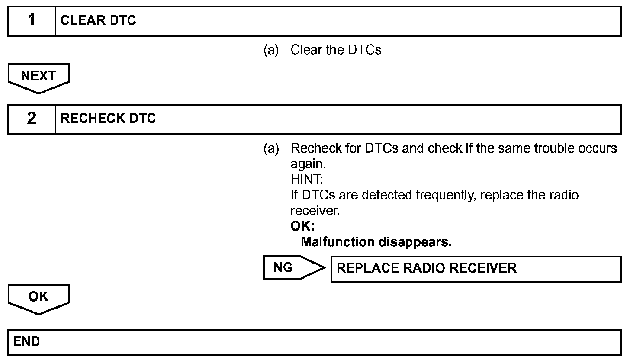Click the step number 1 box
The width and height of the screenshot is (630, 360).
click(x=32, y=20)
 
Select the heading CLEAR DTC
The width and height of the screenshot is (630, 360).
click(x=98, y=20)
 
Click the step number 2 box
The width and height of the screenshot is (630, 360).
click(x=32, y=119)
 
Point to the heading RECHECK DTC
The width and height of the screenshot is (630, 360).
click(x=108, y=119)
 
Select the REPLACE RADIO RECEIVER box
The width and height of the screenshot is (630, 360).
click(x=476, y=269)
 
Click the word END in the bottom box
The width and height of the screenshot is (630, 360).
click(x=26, y=342)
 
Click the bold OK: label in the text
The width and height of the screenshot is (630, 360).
click(x=302, y=226)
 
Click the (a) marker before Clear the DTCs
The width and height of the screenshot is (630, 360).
click(x=271, y=50)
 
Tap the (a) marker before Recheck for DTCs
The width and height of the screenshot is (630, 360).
click(x=271, y=148)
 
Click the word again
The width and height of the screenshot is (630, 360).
click(x=307, y=164)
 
